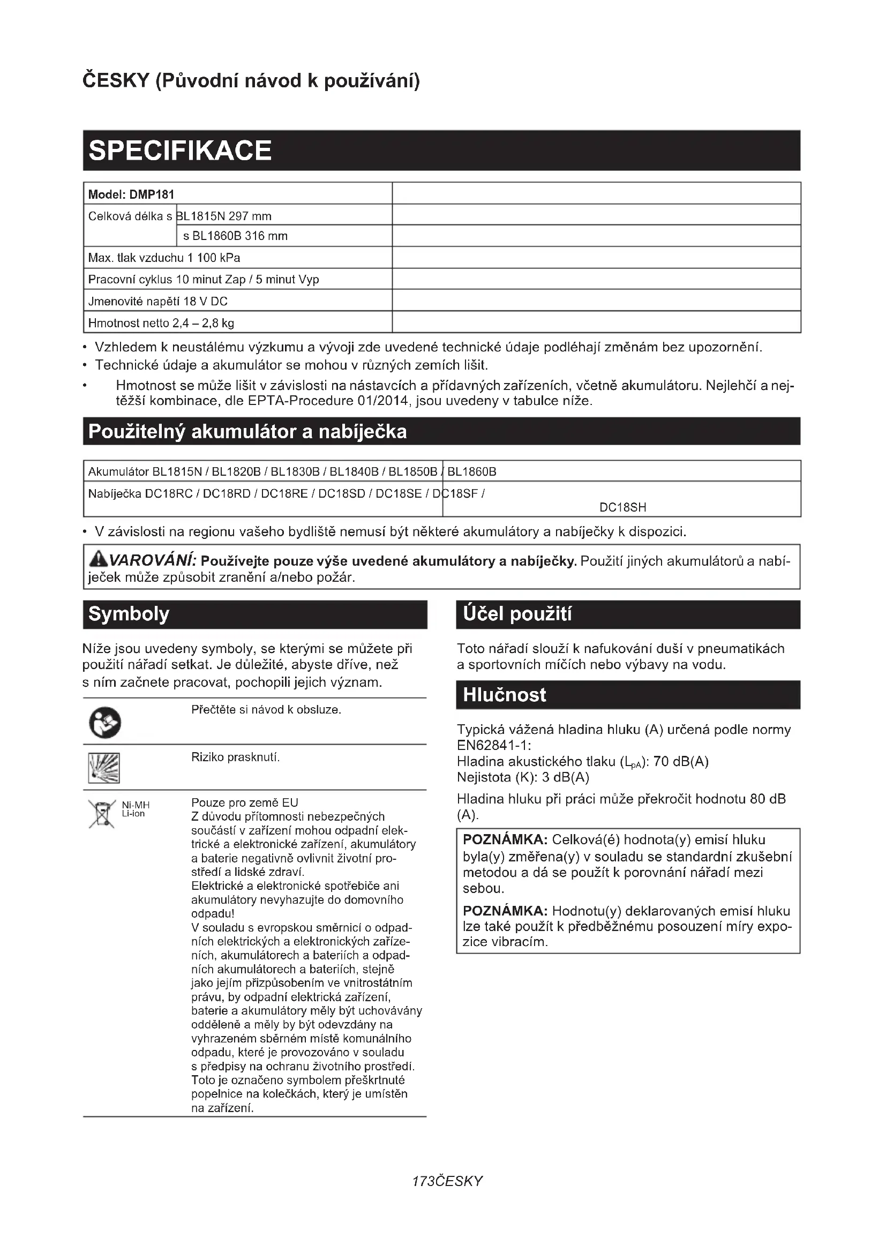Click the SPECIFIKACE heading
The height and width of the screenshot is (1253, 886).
[x=180, y=151]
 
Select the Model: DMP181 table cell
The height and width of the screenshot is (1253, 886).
[x=131, y=194]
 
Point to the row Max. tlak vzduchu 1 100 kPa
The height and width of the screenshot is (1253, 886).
[x=164, y=258]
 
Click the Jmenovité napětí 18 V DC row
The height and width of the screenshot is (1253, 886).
[x=157, y=301]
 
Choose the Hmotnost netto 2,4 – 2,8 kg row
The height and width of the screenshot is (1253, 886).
[x=161, y=323]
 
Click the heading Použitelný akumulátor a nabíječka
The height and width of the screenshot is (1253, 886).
[x=247, y=432]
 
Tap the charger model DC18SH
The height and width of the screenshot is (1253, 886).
[x=622, y=507]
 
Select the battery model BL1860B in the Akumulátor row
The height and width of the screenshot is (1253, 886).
[x=472, y=471]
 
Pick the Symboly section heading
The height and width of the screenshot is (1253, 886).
[x=129, y=614]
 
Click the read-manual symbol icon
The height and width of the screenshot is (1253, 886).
[x=105, y=723]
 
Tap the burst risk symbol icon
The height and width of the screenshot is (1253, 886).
[x=104, y=767]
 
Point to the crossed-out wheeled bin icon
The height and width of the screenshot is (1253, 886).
[x=102, y=814]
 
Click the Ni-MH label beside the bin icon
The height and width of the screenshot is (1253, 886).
[x=136, y=805]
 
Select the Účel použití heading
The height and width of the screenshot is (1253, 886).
[x=517, y=614]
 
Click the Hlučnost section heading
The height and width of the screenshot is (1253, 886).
[x=504, y=695]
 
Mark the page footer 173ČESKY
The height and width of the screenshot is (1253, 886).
[x=447, y=1181]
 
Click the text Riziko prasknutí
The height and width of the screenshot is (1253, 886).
[x=235, y=757]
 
